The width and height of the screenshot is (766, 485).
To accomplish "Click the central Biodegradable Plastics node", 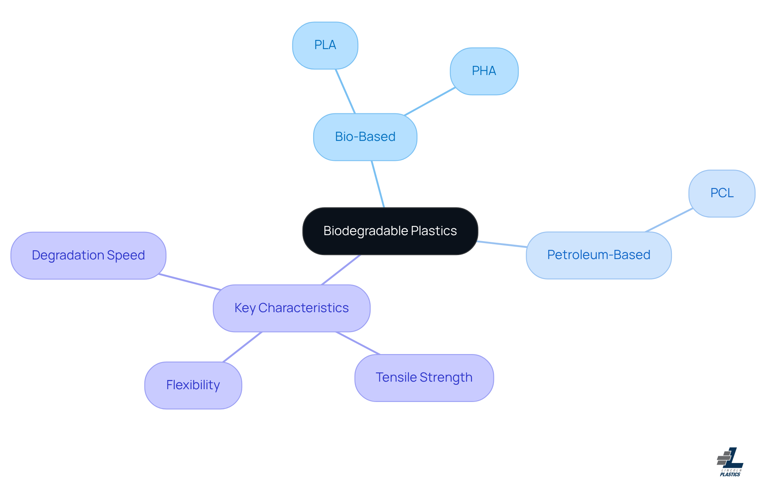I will [390, 231].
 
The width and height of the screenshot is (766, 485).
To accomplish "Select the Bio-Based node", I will [365, 137].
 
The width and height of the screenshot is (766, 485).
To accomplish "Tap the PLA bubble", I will [325, 45].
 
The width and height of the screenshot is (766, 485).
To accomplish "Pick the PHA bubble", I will [484, 71].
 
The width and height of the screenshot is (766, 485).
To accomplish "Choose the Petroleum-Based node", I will [598, 255].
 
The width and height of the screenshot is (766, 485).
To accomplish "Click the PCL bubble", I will [722, 193].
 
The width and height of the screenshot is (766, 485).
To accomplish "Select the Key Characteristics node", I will [291, 308].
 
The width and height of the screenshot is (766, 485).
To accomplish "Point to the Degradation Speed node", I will [88, 255].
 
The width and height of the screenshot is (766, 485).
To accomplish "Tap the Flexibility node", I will [193, 385].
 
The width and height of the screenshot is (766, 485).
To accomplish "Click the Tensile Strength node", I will [424, 378].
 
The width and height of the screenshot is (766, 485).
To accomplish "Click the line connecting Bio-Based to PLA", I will [345, 91].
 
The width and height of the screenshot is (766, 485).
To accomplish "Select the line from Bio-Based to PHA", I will [430, 101].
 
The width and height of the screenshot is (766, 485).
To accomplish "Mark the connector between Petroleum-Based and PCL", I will [669, 220].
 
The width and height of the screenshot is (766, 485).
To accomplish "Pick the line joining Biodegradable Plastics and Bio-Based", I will [378, 184].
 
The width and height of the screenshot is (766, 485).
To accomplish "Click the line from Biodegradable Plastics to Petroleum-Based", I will [502, 244].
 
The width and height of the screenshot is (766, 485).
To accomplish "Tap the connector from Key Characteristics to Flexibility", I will [243, 347].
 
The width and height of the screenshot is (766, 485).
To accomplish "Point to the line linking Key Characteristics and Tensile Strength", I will [358, 343].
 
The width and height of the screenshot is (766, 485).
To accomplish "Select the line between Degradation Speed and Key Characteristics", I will [190, 282].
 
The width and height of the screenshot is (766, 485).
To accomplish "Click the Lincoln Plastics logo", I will [730, 462].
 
